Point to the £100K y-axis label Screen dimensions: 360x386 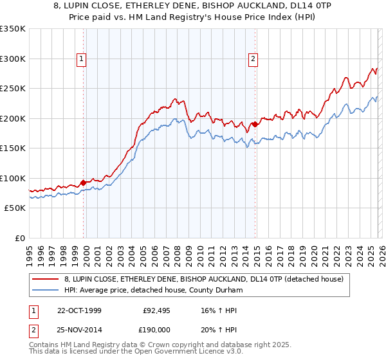13,178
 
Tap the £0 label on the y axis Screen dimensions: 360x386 19,238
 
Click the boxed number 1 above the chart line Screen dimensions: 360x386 82,59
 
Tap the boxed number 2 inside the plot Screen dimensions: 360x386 253,59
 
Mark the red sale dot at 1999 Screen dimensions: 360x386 84,183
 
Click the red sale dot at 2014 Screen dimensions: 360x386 255,124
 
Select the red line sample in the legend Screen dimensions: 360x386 45,279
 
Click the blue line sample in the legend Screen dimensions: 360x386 45,290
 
